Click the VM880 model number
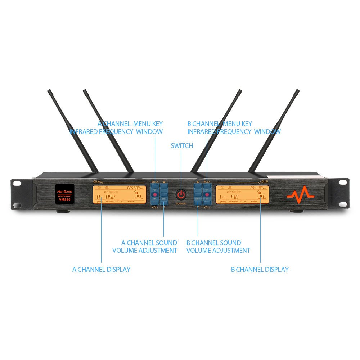(x=65, y=200)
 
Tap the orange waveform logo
(x=301, y=195)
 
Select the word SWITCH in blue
(x=182, y=146)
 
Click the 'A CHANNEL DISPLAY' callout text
(x=101, y=269)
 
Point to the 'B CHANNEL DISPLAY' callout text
(x=260, y=269)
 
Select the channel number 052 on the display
(x=110, y=197)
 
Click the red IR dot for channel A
(x=155, y=194)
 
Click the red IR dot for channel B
(x=207, y=194)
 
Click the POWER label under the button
(x=181, y=204)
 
